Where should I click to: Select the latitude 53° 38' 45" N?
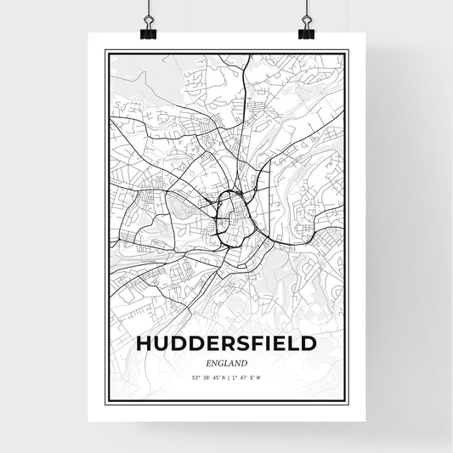pos(204,378)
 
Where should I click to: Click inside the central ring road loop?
pos(230,213)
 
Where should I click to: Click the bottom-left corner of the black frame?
pos(105,401)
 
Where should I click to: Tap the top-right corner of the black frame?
pos(347,51)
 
